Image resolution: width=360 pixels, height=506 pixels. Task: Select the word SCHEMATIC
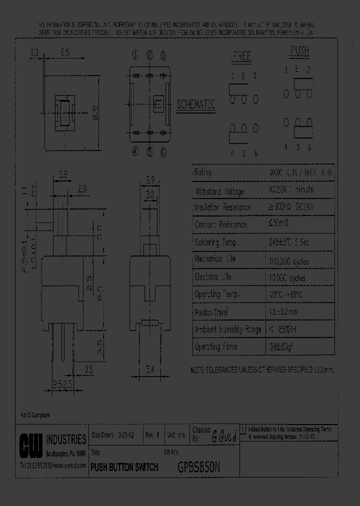196,104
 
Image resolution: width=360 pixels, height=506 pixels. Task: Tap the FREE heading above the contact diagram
241,56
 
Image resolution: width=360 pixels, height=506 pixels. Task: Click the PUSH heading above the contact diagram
300,51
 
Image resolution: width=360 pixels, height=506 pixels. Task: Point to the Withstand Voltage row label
219,191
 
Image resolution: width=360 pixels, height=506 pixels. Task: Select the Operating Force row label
216,346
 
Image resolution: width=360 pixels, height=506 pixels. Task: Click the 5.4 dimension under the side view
150,369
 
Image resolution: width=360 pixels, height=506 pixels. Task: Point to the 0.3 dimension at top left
34,52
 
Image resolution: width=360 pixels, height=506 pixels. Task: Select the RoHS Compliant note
35,415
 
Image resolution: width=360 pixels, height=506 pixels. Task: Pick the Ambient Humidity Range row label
227,329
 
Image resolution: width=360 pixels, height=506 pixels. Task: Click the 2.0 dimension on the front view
83,189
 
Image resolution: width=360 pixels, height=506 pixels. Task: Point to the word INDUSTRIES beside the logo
66,439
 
